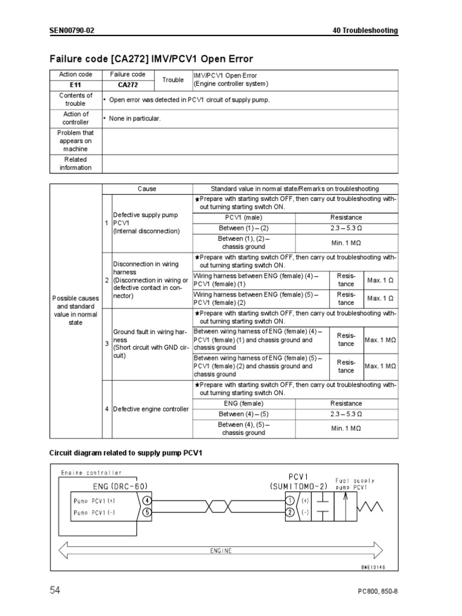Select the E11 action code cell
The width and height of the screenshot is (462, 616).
click(75, 85)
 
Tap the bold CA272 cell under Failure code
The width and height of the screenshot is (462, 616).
click(128, 85)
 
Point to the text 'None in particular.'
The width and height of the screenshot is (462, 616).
click(134, 119)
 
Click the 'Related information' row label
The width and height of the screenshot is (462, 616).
click(75, 164)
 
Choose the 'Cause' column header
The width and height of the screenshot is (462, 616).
click(147, 188)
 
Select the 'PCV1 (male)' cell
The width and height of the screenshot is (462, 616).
click(244, 217)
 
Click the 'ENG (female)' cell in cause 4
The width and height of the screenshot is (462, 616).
click(244, 404)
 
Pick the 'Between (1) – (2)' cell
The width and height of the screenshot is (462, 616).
click(244, 228)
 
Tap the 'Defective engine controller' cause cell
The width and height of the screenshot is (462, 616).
click(151, 409)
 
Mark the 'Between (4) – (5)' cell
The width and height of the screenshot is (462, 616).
click(244, 414)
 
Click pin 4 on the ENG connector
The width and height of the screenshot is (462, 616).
click(147, 500)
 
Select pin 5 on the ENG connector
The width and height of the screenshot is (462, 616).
click(147, 512)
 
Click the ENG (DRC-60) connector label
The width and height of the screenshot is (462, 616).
click(120, 485)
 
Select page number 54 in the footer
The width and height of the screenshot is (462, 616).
click(55, 591)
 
